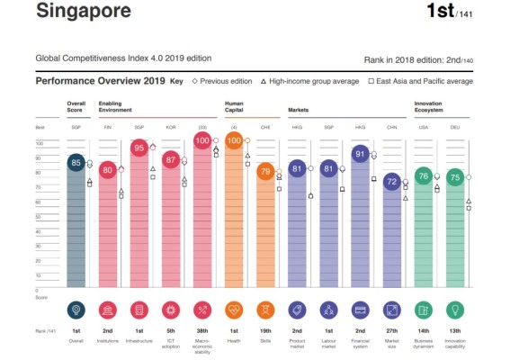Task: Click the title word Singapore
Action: (83, 12)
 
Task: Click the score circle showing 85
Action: (76, 163)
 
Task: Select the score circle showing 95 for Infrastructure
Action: (139, 148)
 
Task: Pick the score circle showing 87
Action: (171, 160)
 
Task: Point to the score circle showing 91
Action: (360, 154)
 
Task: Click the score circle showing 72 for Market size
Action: (391, 182)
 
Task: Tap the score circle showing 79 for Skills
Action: (265, 171)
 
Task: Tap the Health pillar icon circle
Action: (234, 310)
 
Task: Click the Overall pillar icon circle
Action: (76, 310)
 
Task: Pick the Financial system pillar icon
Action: (360, 310)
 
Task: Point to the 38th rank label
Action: (202, 332)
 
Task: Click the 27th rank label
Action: (391, 332)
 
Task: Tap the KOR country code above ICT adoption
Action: (171, 128)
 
